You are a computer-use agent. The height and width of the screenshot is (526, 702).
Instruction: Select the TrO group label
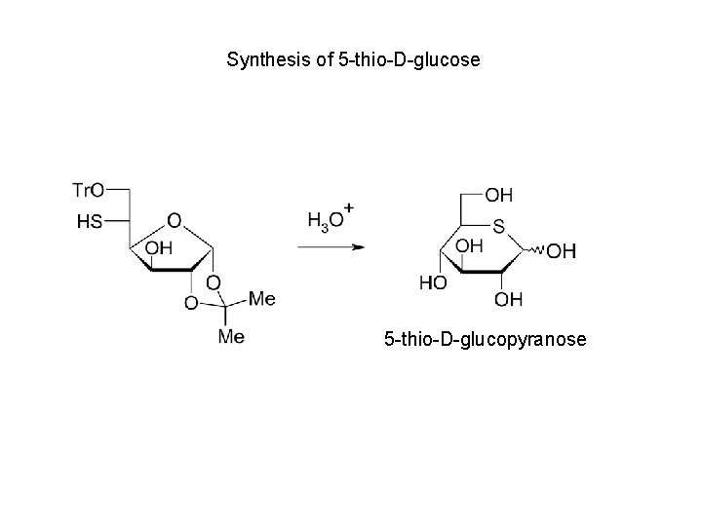pos(90,189)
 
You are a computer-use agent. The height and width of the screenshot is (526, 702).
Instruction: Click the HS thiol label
pos(89,222)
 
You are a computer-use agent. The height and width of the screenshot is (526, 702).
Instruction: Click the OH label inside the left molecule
pos(157,248)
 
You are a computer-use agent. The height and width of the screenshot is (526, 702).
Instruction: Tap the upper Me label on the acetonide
pos(261,297)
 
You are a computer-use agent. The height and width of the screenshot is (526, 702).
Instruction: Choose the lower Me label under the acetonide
pos(231,337)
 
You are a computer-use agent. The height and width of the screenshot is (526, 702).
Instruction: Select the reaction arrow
pos(331,246)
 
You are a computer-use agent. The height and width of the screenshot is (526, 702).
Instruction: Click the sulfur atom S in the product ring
pos(498,227)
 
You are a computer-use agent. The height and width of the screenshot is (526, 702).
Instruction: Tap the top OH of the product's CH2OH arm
pos(498,195)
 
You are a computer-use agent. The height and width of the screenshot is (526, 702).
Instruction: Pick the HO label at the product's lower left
pos(432,282)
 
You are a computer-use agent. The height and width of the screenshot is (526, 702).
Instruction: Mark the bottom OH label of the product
pos(508,298)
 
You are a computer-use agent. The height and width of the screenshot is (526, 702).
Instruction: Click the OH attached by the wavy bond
pos(561,252)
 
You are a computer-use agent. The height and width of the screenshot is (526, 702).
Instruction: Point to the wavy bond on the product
pos(536,251)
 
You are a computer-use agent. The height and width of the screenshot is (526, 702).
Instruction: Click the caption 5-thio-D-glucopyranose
pos(485,340)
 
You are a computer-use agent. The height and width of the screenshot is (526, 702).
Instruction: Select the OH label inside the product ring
pos(469,245)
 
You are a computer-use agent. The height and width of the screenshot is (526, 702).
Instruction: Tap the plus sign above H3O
pos(348,208)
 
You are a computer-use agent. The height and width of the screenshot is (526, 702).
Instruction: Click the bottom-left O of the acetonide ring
pos(191,304)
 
